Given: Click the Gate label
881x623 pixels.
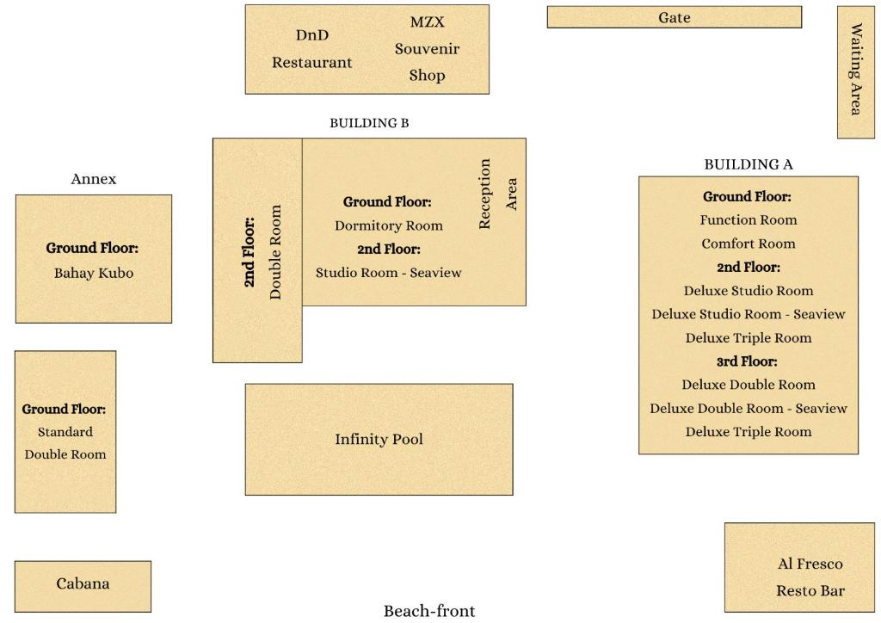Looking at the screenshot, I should pyautogui.click(x=675, y=17).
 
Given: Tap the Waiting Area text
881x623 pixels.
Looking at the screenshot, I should pyautogui.click(x=856, y=70).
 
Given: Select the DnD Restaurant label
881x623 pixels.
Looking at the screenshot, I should pyautogui.click(x=311, y=49).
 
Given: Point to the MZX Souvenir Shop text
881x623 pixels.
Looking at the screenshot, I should pyautogui.click(x=427, y=49).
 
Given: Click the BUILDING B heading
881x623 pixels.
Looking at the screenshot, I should pyautogui.click(x=369, y=123).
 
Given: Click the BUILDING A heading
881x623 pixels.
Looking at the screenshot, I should pyautogui.click(x=749, y=164).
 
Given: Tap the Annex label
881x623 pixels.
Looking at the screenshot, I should pyautogui.click(x=93, y=179).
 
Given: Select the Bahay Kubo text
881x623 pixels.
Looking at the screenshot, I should pyautogui.click(x=93, y=274).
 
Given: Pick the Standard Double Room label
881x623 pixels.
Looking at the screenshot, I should pyautogui.click(x=65, y=443).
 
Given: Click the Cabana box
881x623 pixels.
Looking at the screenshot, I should pyautogui.click(x=83, y=584).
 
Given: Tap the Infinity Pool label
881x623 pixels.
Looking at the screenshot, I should pyautogui.click(x=379, y=440).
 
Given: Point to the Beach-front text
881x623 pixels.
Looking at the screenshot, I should pyautogui.click(x=428, y=611).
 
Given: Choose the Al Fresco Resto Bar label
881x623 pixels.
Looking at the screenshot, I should pyautogui.click(x=810, y=577).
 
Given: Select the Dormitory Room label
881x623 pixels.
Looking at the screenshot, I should pyautogui.click(x=389, y=225).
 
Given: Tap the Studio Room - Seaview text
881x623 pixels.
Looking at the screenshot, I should pyautogui.click(x=388, y=273).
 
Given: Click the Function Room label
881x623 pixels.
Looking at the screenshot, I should pyautogui.click(x=748, y=220).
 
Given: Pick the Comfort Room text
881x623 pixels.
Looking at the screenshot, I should pyautogui.click(x=748, y=244).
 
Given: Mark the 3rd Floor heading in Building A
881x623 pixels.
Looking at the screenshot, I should pyautogui.click(x=747, y=361).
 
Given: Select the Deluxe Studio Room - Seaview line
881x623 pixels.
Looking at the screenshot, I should pyautogui.click(x=748, y=314).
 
